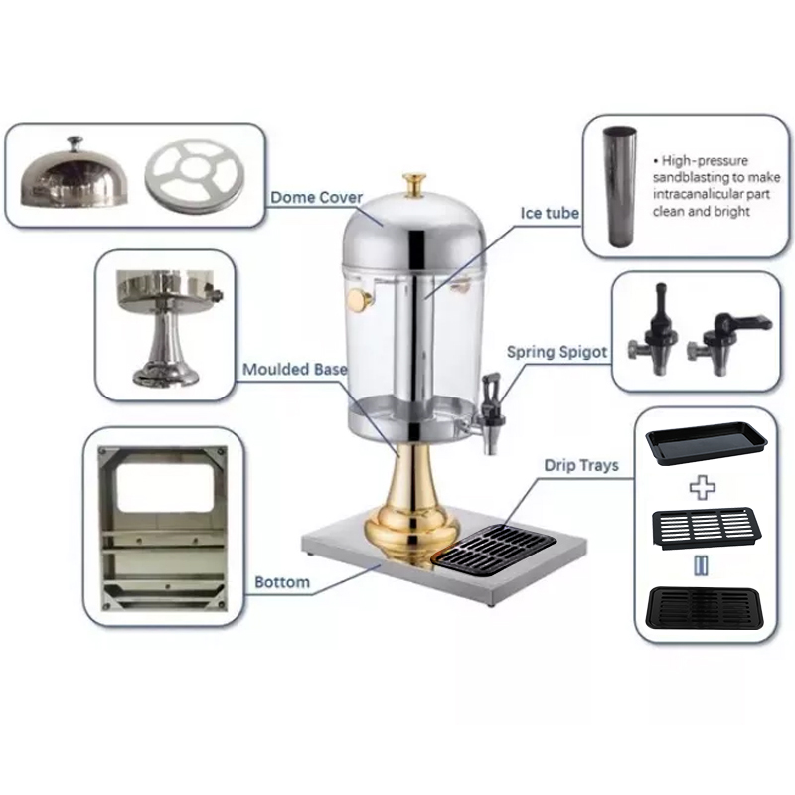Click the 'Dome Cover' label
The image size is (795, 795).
coord(316,198)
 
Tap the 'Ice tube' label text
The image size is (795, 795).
coord(550,213)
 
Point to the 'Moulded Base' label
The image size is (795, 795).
coord(295,370)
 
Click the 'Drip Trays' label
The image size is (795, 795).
coord(580,464)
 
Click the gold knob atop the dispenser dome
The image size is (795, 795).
coord(414,184)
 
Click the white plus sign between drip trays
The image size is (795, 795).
coord(704,487)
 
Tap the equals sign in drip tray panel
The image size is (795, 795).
coord(703,565)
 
